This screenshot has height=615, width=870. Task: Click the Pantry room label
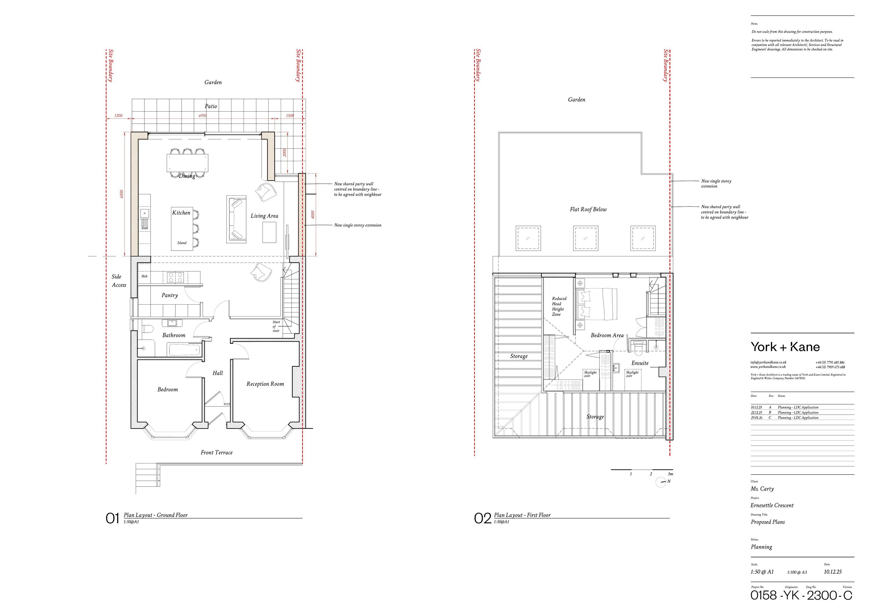click(x=169, y=295)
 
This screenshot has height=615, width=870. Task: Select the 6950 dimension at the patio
click(x=203, y=115)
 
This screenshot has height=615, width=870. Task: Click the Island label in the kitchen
click(x=182, y=243)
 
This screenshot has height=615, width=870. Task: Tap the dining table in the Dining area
click(x=187, y=162)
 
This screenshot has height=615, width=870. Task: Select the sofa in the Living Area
click(x=236, y=219)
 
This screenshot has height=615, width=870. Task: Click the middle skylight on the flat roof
click(x=586, y=238)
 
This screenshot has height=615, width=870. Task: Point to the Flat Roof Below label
click(x=588, y=209)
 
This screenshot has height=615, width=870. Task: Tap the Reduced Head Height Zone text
click(x=559, y=306)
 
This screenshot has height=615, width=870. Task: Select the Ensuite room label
click(x=640, y=363)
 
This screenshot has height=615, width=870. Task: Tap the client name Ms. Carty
click(x=762, y=489)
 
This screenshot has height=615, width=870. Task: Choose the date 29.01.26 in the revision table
click(x=756, y=417)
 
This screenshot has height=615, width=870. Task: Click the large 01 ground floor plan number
click(x=113, y=518)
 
